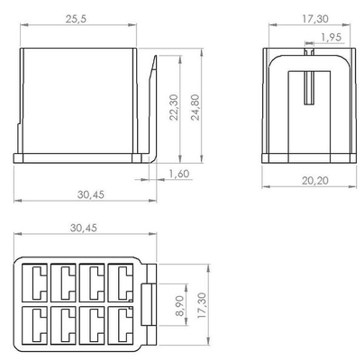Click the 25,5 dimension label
(x=76, y=19)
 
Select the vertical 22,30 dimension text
(x=174, y=107)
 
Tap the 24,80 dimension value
(x=196, y=107)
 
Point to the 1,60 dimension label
(x=179, y=174)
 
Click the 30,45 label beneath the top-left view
(x=91, y=194)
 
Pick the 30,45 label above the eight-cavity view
(x=84, y=228)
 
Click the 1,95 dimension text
(x=332, y=37)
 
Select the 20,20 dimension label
(x=315, y=181)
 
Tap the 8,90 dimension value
(x=179, y=306)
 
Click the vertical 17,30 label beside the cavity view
(x=202, y=305)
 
